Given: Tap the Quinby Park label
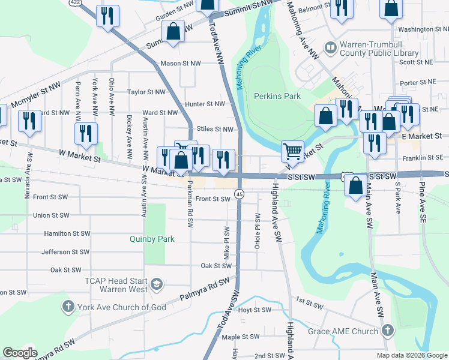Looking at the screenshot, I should pos(152,239).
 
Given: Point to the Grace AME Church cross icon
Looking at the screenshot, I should pos(388,331).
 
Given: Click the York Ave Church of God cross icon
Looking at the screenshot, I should pos(68,307).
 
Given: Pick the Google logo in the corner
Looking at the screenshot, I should pos(20,353).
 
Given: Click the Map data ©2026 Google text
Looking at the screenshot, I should pos(411,355).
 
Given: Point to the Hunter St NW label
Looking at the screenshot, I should pos(205,104).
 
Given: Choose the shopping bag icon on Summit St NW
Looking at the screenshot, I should pos(173,33).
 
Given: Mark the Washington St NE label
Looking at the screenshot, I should pos(423,29).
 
